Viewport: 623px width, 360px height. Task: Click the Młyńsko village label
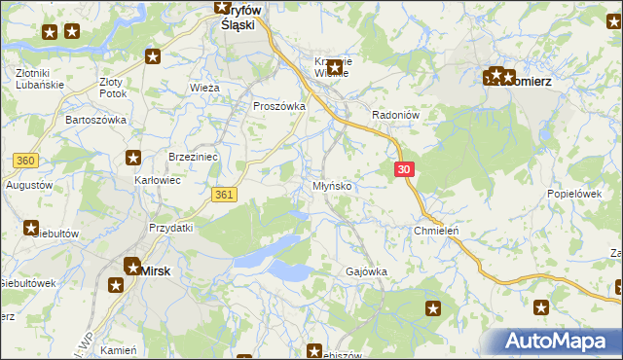tap(340, 185)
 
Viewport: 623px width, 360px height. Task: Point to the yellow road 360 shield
tap(26, 160)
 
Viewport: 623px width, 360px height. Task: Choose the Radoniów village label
tap(395, 114)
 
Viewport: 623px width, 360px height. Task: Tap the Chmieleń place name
tap(436, 231)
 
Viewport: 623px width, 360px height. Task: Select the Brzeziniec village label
tap(193, 156)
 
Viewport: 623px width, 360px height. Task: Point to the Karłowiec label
tap(158, 180)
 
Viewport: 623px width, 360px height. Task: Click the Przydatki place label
tap(171, 227)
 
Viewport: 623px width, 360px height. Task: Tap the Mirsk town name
tap(157, 271)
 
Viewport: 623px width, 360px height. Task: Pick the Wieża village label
tap(204, 88)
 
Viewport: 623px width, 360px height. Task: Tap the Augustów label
tap(28, 184)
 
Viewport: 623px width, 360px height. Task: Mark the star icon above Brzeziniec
tap(133, 158)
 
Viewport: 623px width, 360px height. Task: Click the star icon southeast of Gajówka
tap(433, 308)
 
